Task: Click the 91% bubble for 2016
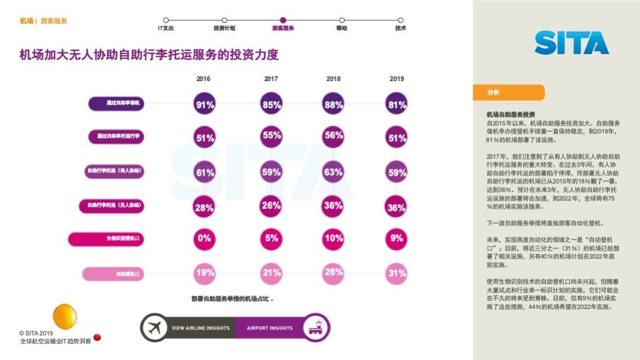click(204, 104)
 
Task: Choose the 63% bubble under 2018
click(333, 172)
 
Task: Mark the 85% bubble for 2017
click(271, 104)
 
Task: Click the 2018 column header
click(333, 79)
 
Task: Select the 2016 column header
click(203, 79)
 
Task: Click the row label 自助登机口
click(113, 274)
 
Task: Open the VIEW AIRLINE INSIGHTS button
click(200, 328)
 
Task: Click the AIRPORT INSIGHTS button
click(270, 328)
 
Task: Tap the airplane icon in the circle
click(154, 328)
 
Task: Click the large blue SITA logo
click(571, 43)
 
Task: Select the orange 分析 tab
click(508, 92)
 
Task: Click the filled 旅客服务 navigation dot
click(283, 20)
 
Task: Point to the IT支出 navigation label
click(166, 28)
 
